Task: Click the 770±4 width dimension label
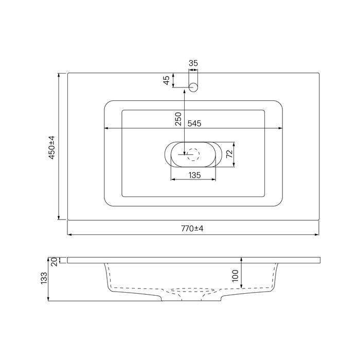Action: coord(192,228)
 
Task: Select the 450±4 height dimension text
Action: coord(52,148)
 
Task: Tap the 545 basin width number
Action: coord(194,123)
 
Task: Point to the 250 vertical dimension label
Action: coord(178,119)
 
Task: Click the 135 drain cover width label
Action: coord(195,175)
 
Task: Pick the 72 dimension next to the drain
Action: coord(229,154)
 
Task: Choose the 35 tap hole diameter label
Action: coord(193,63)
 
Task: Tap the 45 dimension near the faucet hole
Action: coord(167,80)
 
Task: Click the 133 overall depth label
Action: coord(44,278)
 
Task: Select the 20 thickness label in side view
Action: coord(54,262)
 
